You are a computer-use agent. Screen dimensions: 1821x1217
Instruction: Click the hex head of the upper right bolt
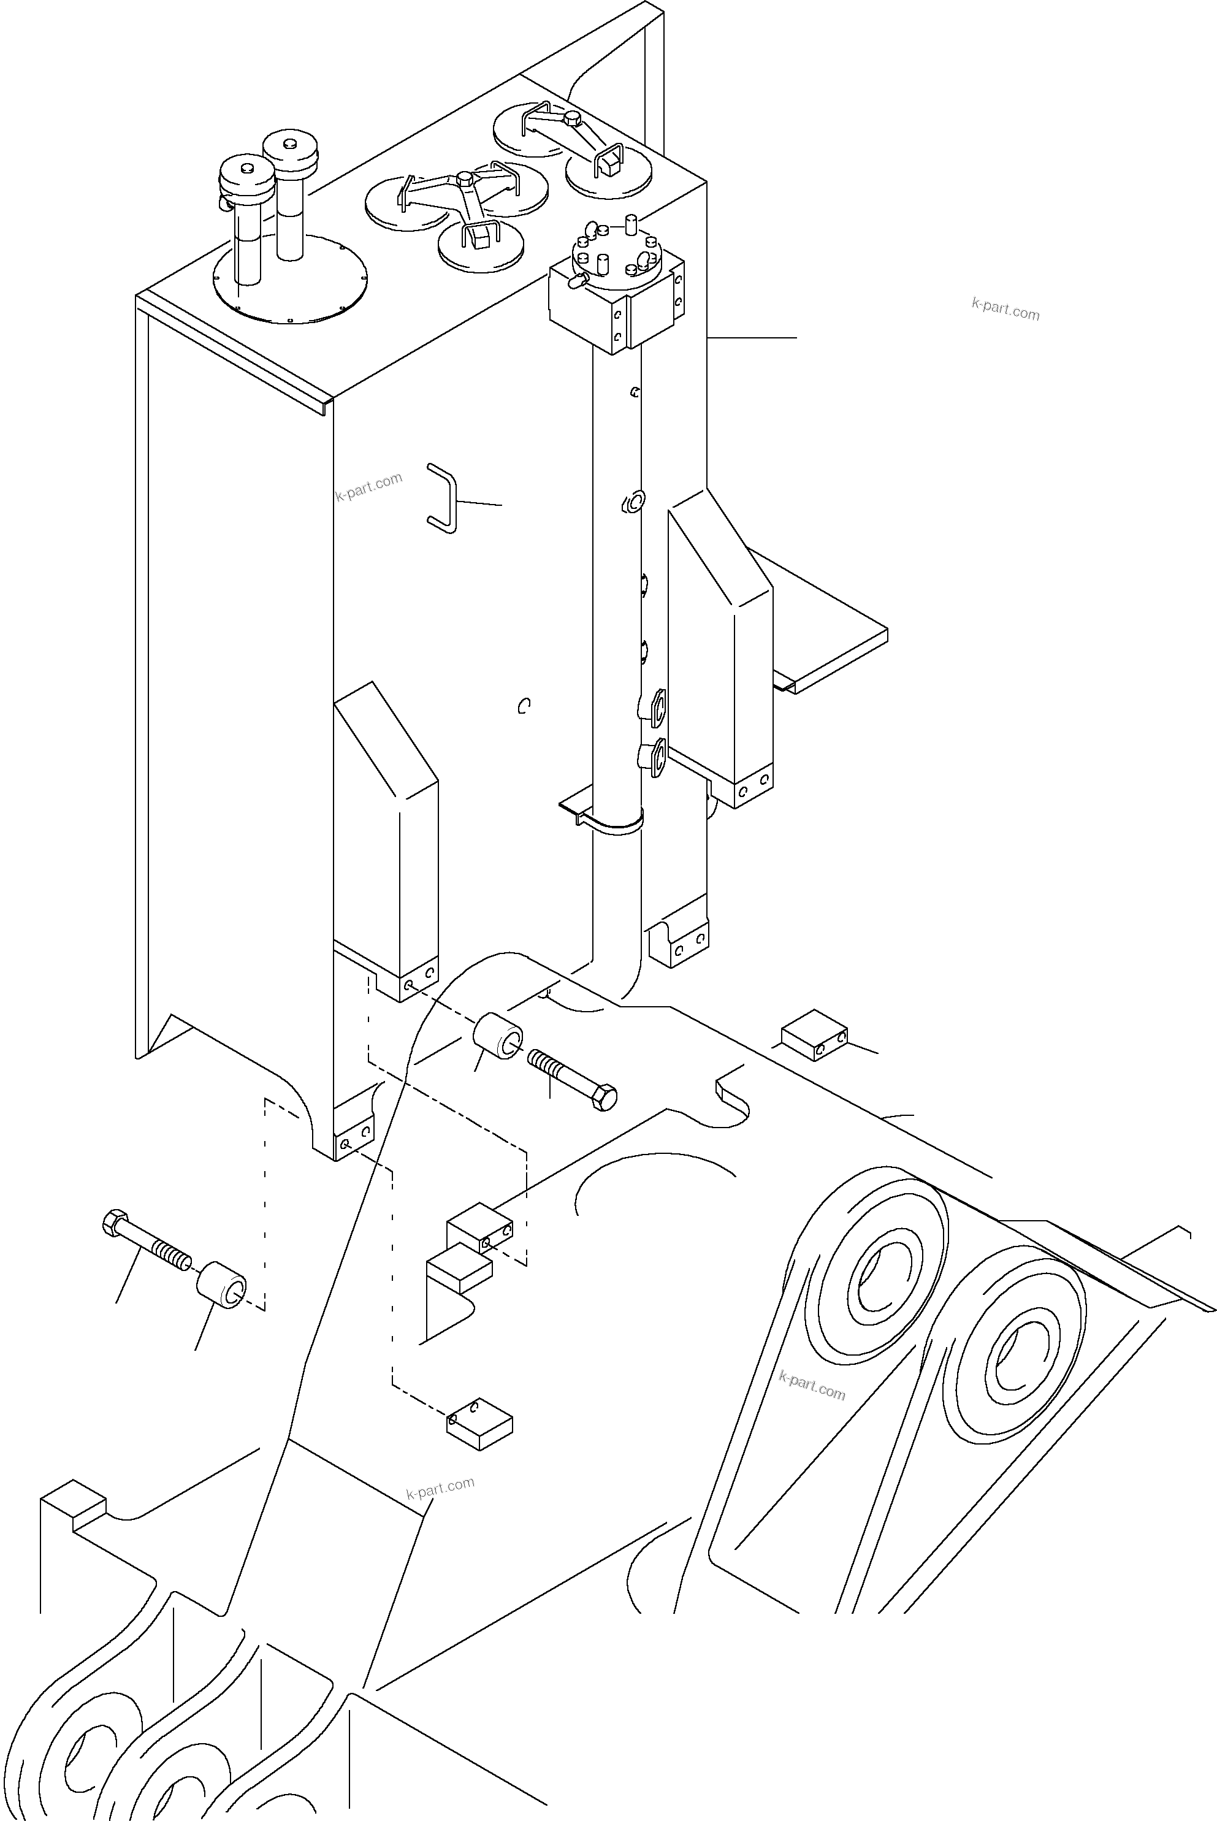pos(605,1098)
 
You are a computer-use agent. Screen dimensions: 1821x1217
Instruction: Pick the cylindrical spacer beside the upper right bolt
pos(497,1037)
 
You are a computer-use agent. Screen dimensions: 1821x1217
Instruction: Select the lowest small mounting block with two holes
pos(479,1425)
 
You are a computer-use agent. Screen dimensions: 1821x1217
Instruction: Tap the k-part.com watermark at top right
pos(1005,309)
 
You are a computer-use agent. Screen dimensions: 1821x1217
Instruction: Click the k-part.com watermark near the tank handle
pos(368,486)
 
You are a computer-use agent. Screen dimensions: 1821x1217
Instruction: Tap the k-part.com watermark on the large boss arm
pos(812,1386)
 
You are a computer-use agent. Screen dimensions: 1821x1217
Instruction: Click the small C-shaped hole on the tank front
pos(524,705)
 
